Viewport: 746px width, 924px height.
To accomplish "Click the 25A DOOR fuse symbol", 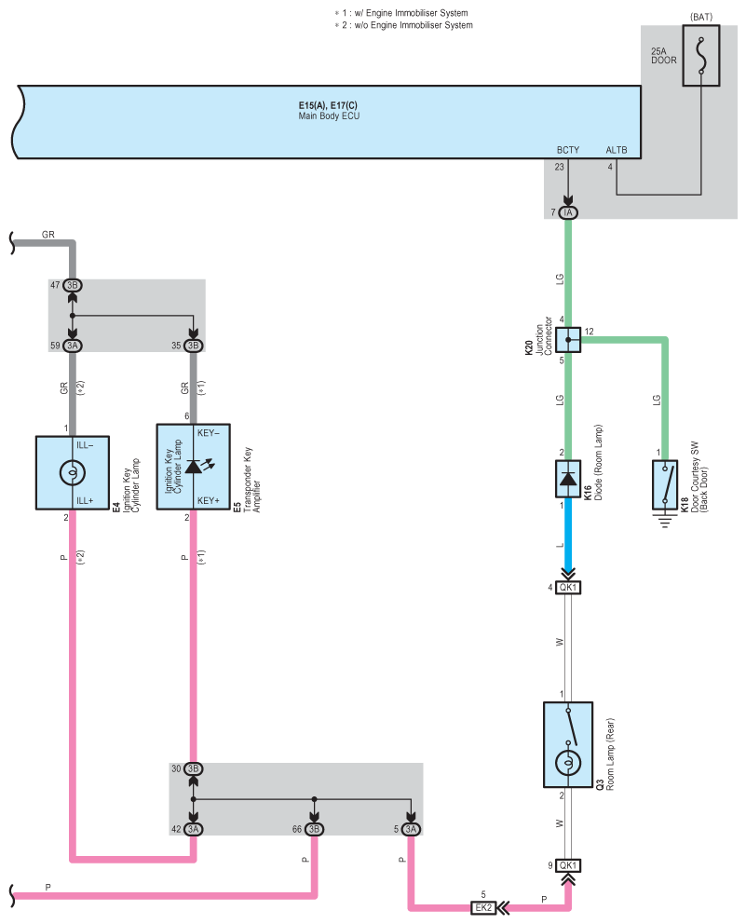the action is point(700,55).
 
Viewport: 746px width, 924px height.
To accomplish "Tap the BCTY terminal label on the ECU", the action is point(567,150).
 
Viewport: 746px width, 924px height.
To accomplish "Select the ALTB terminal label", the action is point(617,150).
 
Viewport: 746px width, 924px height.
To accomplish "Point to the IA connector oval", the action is point(567,212).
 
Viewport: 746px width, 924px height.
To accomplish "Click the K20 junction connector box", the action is point(568,339).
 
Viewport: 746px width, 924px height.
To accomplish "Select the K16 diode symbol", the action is point(568,479).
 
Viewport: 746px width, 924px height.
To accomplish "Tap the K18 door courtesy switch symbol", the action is point(665,484).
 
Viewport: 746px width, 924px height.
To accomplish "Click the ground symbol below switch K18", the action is point(665,521).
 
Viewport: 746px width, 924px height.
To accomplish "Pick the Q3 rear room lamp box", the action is point(568,744).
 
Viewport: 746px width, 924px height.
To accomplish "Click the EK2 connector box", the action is point(483,907).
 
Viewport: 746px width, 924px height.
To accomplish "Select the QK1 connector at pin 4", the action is point(568,588).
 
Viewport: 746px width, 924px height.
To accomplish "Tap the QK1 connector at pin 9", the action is point(568,865).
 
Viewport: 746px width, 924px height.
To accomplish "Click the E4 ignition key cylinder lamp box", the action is point(73,472).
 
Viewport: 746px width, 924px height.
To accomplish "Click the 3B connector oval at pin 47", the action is point(73,285).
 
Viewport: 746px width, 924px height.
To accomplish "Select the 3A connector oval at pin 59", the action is point(73,346).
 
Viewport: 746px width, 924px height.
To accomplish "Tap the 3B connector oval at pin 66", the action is point(314,829).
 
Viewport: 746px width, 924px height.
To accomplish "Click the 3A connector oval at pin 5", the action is point(411,829).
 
